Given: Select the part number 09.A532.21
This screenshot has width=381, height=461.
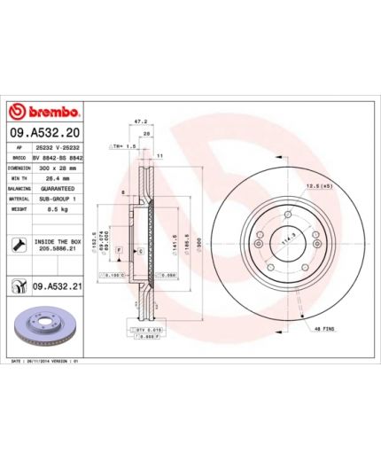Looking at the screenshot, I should tap(57, 285).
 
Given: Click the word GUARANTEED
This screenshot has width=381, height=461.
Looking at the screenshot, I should tap(57, 188).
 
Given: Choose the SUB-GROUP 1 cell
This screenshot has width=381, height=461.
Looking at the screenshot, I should tap(57, 199).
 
